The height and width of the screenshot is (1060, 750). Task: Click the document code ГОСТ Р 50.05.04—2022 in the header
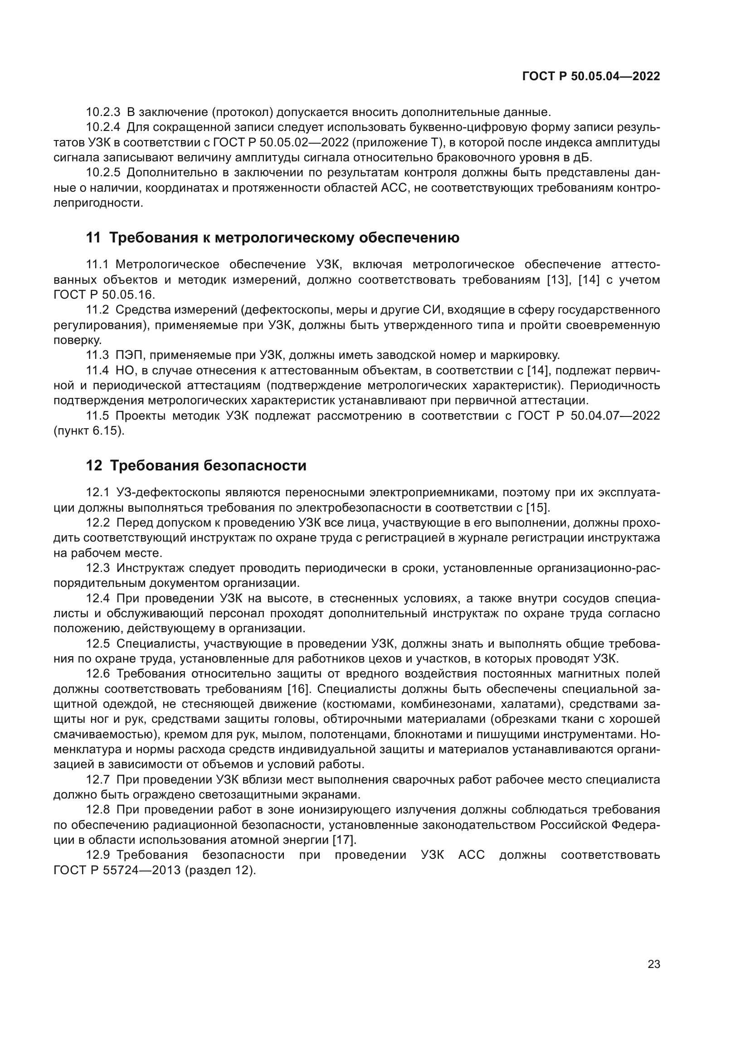591,76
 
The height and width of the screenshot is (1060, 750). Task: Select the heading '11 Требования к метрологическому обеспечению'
273,238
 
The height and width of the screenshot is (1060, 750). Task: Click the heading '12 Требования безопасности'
196,466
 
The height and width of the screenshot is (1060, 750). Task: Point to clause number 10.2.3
103,112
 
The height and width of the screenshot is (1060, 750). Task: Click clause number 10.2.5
103,173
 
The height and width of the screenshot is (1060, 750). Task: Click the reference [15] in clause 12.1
538,508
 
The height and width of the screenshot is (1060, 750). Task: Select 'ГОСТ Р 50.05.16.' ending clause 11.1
104,295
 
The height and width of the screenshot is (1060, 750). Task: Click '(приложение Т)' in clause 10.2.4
396,143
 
